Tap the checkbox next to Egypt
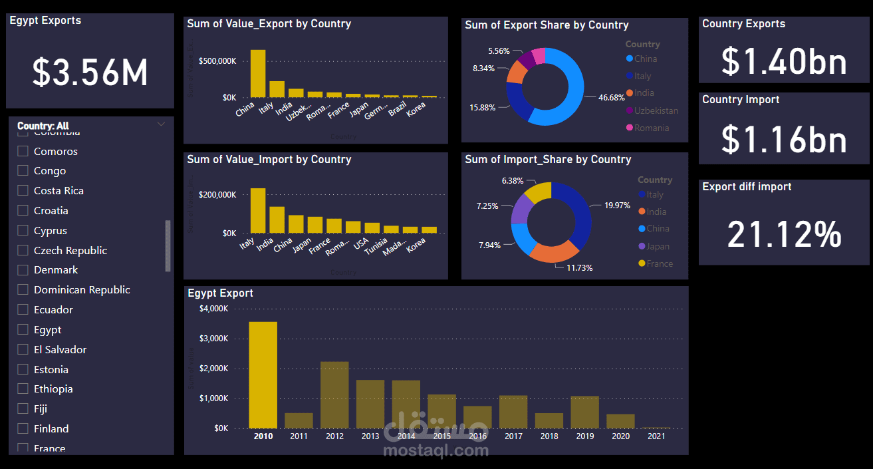pos(23,330)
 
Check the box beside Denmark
pos(23,270)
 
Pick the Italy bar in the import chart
pos(258,210)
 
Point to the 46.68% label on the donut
pos(611,98)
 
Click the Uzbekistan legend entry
pos(656,110)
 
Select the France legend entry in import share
pos(659,263)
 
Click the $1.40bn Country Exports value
pos(784,61)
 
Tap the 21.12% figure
pos(785,234)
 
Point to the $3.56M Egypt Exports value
pos(90,72)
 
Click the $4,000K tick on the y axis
pos(214,309)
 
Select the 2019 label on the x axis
pos(585,436)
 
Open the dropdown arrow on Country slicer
pos(161,124)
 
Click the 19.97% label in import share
pos(617,206)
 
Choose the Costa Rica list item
pos(59,191)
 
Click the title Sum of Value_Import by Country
pos(269,160)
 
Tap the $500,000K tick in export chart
pos(217,61)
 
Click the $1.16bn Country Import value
pos(784,140)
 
